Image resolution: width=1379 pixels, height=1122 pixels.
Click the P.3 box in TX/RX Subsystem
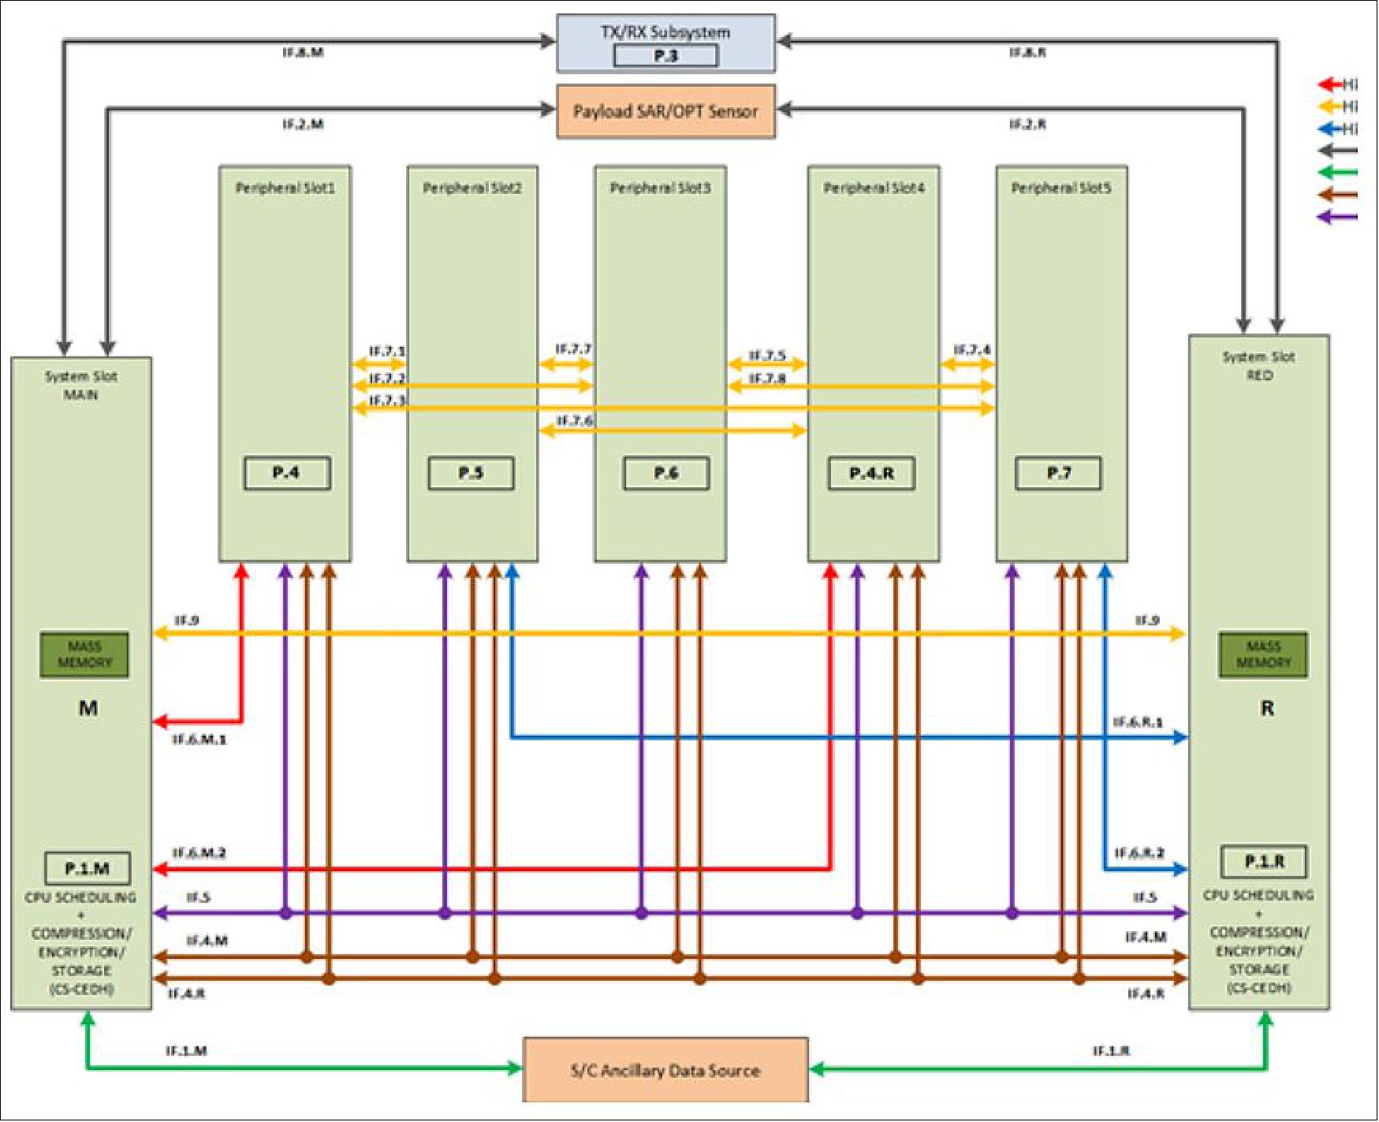(665, 56)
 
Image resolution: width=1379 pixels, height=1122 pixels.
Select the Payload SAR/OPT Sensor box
(665, 111)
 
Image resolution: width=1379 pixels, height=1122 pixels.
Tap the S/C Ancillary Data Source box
(665, 1070)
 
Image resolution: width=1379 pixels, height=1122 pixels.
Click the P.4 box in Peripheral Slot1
(286, 473)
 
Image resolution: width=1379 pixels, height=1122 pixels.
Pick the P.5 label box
(471, 473)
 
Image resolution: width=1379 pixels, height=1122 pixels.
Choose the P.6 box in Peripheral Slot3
(665, 473)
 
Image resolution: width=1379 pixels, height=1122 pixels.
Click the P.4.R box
(871, 473)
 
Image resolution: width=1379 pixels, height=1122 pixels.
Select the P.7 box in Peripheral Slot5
(1058, 473)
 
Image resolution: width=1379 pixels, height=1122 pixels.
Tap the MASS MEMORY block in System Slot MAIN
(84, 654)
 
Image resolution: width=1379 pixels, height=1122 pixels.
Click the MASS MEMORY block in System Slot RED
(1262, 654)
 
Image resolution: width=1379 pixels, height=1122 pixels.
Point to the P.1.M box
(88, 869)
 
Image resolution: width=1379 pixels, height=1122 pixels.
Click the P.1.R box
(1263, 862)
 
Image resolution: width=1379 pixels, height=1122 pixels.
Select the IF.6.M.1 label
(199, 740)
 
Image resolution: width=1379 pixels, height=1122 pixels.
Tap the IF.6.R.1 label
(1137, 722)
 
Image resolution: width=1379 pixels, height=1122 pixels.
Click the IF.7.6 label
(574, 421)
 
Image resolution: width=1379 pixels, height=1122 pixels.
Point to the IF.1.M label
(186, 1051)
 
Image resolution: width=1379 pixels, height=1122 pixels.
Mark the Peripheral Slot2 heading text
(471, 188)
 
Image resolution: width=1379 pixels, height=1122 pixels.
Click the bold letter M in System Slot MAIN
(88, 708)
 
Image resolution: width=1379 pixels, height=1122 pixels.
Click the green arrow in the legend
(1337, 173)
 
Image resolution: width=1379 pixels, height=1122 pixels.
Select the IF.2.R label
(1027, 125)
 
